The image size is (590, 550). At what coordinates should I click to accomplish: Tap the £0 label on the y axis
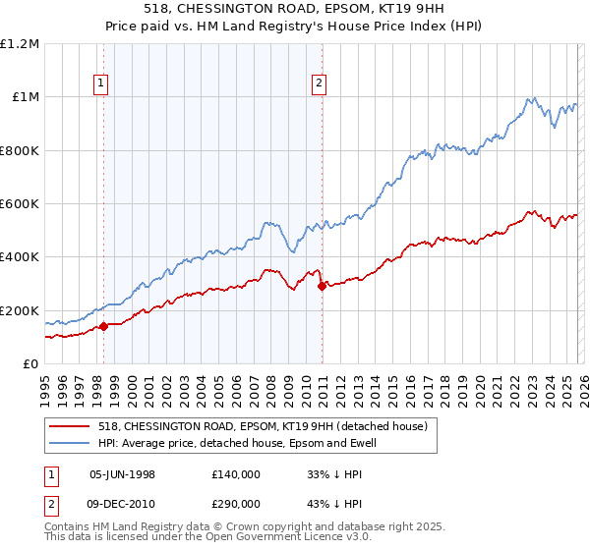30,364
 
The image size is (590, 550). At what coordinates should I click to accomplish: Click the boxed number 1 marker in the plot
103,84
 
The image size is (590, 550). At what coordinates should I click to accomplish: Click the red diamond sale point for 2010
322,287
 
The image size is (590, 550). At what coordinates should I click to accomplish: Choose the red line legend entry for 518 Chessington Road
263,427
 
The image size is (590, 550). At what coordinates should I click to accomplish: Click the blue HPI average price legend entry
237,444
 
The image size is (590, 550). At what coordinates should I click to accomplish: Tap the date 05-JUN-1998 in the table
122,473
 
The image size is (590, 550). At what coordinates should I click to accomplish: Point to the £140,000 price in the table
235,473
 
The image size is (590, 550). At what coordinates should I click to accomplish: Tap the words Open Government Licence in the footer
289,539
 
